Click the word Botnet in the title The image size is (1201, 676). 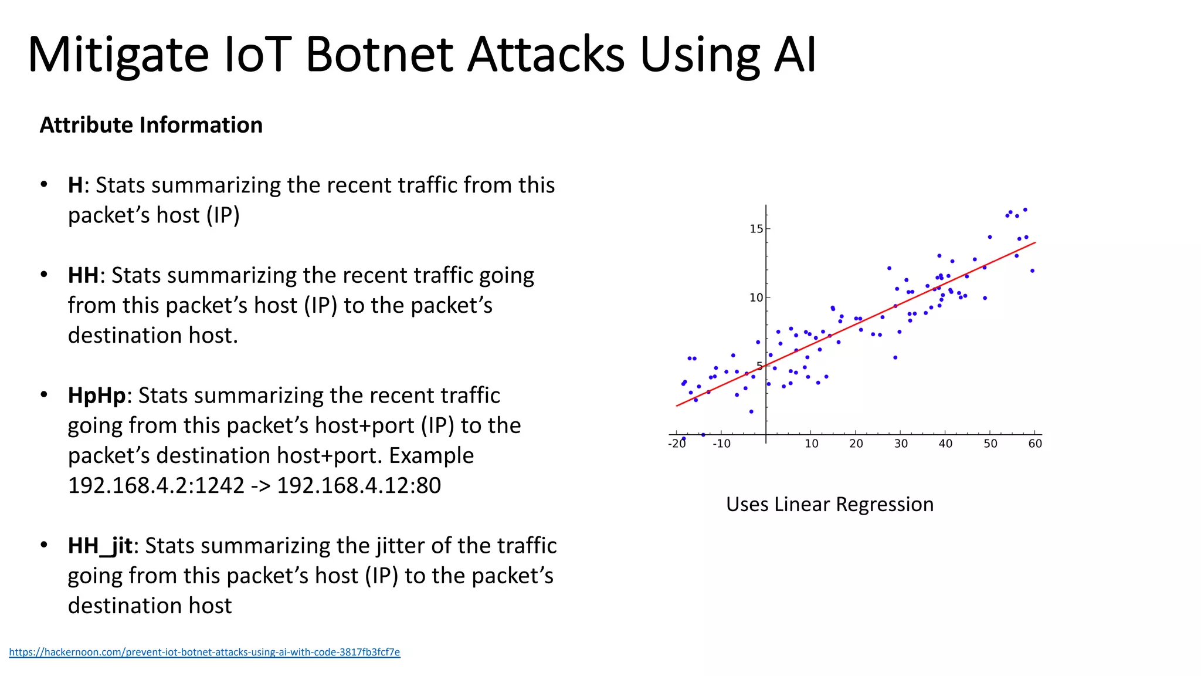[379, 55]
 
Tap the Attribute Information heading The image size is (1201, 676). [151, 125]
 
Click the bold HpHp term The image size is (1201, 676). [97, 396]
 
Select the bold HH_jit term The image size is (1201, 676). [100, 546]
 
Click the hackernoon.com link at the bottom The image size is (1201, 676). [204, 652]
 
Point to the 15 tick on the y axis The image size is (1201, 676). [756, 229]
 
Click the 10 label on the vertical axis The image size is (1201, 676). [756, 298]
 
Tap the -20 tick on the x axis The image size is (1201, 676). [677, 444]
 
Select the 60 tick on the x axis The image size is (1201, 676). [1035, 444]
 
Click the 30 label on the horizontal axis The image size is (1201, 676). [901, 444]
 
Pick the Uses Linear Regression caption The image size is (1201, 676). [829, 505]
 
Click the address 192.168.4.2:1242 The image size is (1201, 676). [156, 486]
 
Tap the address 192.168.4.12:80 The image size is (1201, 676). [358, 486]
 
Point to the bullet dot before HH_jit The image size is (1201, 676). [44, 545]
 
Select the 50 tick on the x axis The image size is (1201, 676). [990, 444]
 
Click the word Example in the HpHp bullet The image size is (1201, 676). [431, 456]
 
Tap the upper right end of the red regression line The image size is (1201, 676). [1034, 243]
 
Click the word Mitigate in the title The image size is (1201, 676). [118, 55]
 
